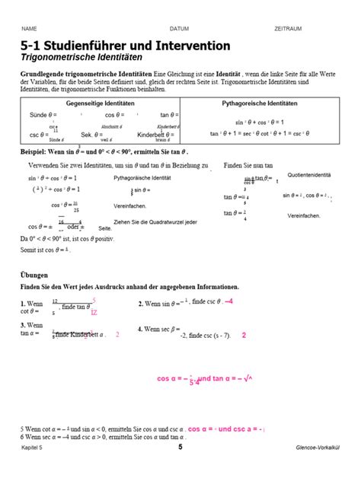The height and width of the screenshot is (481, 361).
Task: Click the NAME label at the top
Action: [x=29, y=28]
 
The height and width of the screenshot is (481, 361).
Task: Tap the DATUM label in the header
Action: [x=179, y=28]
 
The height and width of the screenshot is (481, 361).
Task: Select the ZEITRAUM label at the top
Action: [x=288, y=28]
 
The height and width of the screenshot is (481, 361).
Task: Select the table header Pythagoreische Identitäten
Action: [x=260, y=103]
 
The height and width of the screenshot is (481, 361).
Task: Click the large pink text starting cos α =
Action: [x=205, y=378]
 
